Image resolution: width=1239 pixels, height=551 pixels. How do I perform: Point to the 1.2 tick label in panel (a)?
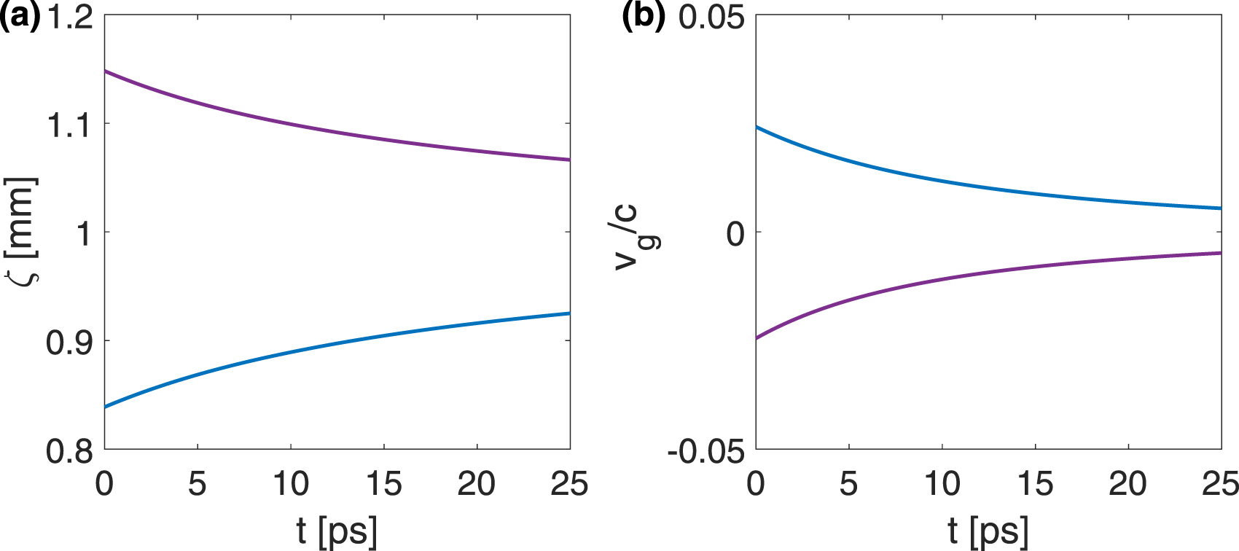click(x=70, y=16)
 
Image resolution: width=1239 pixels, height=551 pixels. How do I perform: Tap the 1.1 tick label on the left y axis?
click(x=70, y=125)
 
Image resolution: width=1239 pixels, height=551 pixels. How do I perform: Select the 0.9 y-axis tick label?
click(x=70, y=342)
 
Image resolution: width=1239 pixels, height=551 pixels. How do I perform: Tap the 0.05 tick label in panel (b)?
click(x=711, y=16)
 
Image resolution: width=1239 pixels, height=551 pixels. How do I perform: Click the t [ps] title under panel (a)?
click(x=337, y=531)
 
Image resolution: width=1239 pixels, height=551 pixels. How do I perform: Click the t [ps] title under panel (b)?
click(x=988, y=531)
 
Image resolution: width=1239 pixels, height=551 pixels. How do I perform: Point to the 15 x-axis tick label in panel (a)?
click(x=383, y=483)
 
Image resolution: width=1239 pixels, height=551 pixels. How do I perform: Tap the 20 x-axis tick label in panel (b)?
click(x=1127, y=483)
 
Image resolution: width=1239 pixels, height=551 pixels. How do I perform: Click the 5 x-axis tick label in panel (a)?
click(x=198, y=483)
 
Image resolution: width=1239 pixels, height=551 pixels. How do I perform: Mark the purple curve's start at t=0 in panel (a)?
click(x=106, y=71)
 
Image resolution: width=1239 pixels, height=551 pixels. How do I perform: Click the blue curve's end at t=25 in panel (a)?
click(x=569, y=313)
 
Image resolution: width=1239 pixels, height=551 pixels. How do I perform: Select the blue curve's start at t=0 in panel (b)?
click(x=757, y=127)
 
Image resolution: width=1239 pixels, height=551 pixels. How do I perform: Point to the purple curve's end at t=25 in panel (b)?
click(x=1220, y=253)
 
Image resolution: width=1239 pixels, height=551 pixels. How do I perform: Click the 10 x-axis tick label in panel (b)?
click(x=942, y=483)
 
